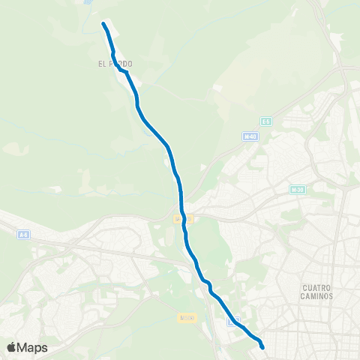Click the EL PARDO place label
point(115,64)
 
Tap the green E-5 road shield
point(265,121)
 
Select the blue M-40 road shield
point(250,136)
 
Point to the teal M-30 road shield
point(297,190)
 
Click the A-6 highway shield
point(24,235)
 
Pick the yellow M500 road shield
point(187,318)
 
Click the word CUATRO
point(322,287)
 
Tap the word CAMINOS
point(322,296)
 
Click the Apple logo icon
point(12,347)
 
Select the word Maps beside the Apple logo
point(33,348)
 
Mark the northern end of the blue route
point(103,25)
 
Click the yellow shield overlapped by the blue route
point(179,218)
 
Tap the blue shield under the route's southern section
point(234,320)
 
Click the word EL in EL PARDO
point(101,64)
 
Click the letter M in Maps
point(24,348)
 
